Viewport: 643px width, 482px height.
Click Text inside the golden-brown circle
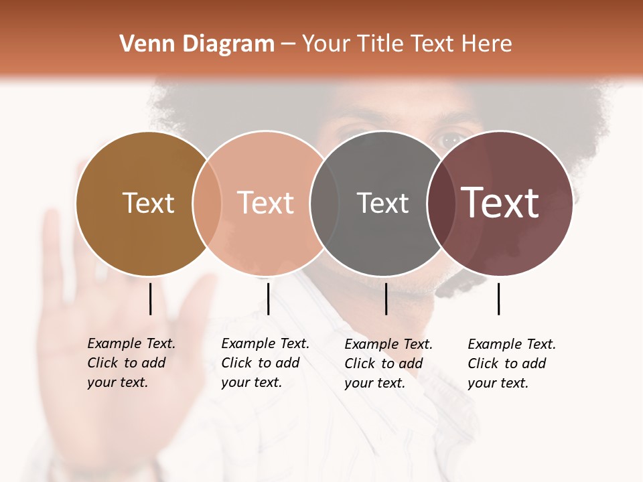[148, 203]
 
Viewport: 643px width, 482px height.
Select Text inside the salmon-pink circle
[266, 203]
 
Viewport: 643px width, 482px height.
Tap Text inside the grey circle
[382, 203]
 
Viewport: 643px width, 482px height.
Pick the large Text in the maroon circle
[500, 203]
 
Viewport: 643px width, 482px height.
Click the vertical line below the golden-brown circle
[151, 299]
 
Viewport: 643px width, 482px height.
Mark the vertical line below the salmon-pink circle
[268, 299]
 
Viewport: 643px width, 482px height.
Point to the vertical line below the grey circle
[386, 299]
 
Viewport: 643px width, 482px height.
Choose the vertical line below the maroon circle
[499, 299]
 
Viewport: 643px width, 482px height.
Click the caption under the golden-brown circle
[131, 363]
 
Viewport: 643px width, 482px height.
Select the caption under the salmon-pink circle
[265, 363]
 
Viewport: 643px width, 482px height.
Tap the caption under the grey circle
[388, 364]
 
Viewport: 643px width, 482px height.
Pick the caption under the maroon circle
[511, 364]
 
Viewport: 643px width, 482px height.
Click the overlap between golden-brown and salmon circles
[207, 203]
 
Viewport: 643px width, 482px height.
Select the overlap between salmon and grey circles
[324, 203]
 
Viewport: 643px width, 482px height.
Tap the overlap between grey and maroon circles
[441, 203]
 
